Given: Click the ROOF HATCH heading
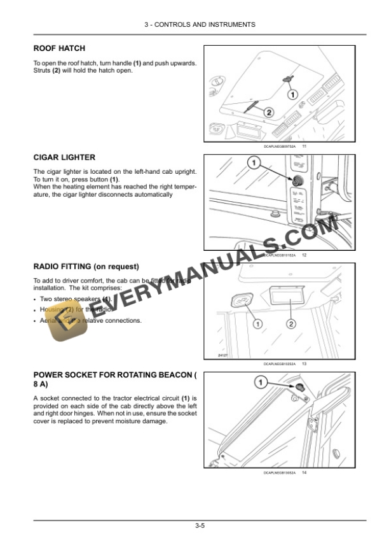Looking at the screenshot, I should point(59,48).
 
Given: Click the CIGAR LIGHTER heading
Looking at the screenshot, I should point(64,157).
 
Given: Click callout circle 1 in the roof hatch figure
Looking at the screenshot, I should point(292,95).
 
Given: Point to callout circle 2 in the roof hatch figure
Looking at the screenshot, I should point(268,113).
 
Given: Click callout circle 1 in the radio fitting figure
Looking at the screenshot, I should point(258,324).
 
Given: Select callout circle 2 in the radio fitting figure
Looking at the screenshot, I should point(291,324).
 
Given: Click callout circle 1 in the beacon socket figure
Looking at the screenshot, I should point(260,382).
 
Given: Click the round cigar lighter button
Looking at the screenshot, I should point(296,181).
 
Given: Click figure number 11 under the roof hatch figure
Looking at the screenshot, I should point(304,146).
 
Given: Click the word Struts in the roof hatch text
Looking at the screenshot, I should point(42,70).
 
